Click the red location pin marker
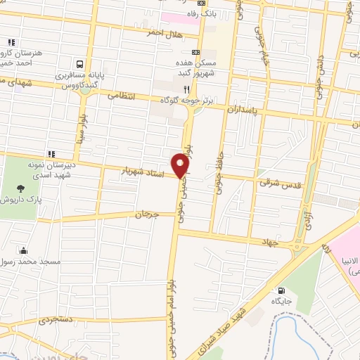pos(181,165)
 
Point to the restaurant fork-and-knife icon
pos(186,89)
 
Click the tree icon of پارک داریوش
pos(20,188)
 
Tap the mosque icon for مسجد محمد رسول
pos(25,250)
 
